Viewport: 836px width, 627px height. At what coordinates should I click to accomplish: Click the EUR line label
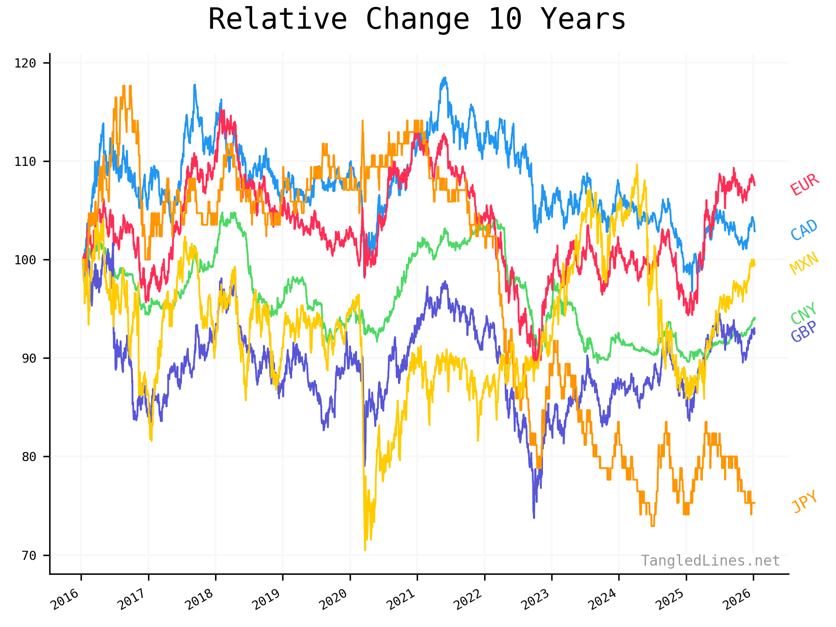coord(804,185)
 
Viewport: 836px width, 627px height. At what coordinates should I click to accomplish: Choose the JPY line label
coord(804,502)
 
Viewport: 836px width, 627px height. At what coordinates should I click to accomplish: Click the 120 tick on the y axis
coord(25,63)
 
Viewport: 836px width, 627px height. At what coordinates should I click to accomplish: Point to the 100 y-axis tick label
coord(25,260)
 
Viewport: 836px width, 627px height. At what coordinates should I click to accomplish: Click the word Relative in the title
coord(277,20)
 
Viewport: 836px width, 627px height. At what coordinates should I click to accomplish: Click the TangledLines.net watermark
coord(710,560)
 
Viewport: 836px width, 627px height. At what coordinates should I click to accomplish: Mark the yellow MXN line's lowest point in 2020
coord(365,550)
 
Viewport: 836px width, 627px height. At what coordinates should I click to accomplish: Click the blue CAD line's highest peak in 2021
coord(445,78)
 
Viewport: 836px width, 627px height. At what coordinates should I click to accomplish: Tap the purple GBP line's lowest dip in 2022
coord(534,518)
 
